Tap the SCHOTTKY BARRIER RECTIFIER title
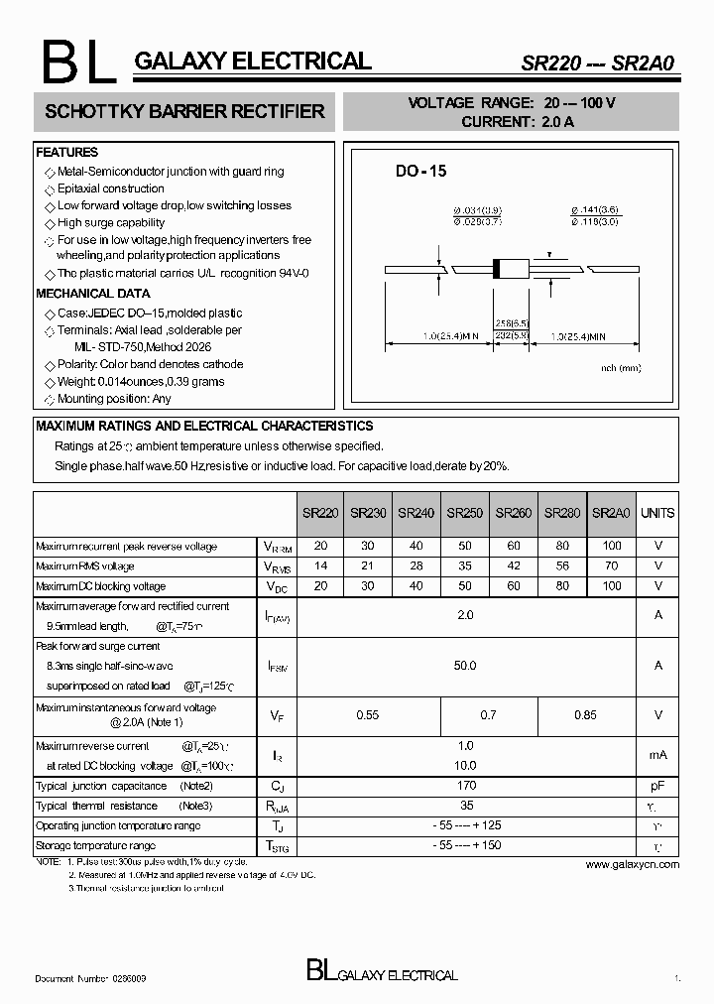coord(185,112)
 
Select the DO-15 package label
coord(421,171)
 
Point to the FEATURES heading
coord(67,153)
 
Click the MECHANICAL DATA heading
coord(93,294)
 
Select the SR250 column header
coord(465,514)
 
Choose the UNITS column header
coord(657,514)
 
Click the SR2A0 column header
coord(611,514)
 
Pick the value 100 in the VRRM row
coord(612,547)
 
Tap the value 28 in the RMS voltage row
coord(416,566)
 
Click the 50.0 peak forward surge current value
coord(465,666)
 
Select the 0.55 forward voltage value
coord(368,715)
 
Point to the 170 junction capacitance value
coord(465,786)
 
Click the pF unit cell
coord(657,786)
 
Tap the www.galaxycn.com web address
coord(632,865)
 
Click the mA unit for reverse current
coord(657,756)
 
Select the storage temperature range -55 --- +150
coord(465,845)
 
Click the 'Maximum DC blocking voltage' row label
coord(101,586)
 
